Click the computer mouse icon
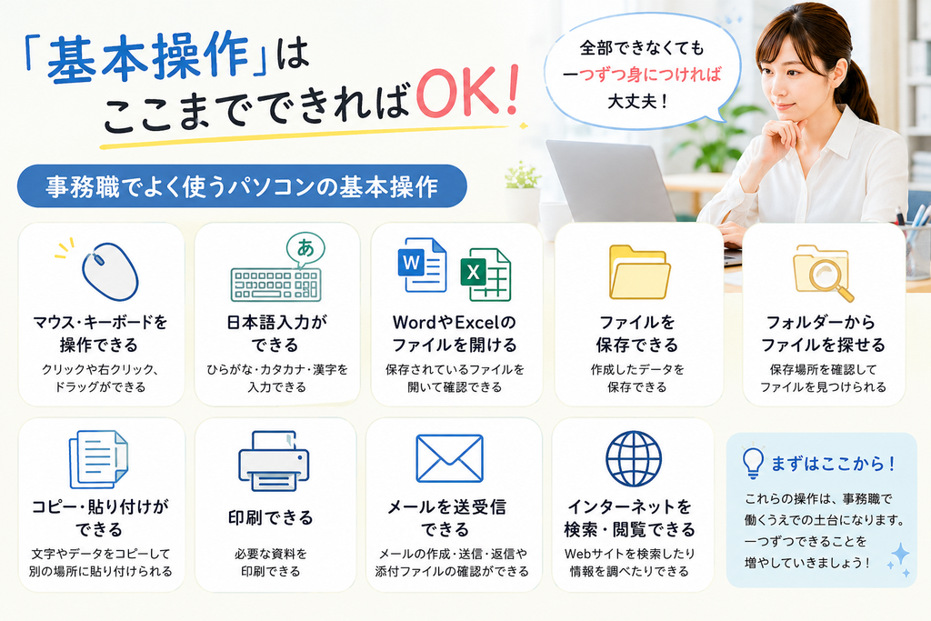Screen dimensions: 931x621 pos(110,271)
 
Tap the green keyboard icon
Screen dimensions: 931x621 pos(276,285)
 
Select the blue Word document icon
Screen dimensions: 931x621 pos(422,265)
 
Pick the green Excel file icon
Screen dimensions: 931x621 pos(486,275)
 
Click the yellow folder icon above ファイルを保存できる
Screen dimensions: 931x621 pos(639,272)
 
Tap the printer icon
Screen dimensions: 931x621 pos(274,461)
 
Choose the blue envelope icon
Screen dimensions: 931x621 pos(449,458)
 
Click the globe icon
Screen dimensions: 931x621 pos(634,459)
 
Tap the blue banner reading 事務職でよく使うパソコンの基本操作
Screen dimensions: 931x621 pos(242,186)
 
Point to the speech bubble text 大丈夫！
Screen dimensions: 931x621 pos(639,101)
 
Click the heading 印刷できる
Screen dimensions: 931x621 pos(271,517)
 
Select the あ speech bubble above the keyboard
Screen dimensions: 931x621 pos(305,249)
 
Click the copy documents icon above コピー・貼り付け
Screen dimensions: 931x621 pos(98,459)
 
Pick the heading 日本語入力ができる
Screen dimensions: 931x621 pos(276,334)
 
